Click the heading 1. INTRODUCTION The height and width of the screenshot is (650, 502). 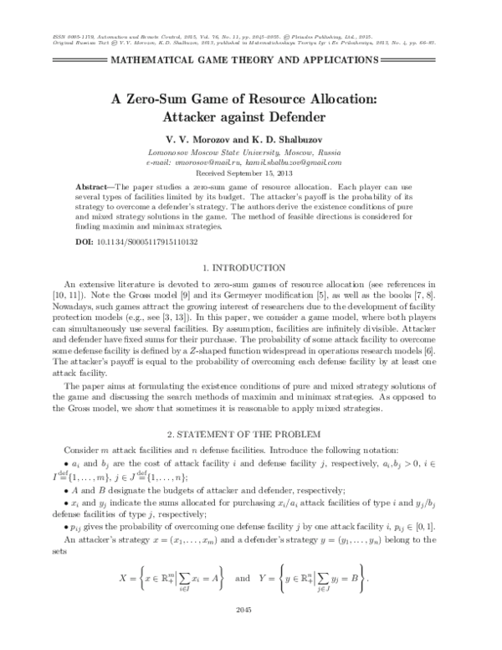point(251,267)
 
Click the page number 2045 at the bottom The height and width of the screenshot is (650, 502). point(251,632)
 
